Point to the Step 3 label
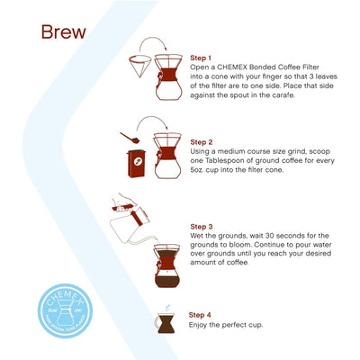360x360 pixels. pyautogui.click(x=202, y=226)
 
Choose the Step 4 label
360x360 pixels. pyautogui.click(x=200, y=314)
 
